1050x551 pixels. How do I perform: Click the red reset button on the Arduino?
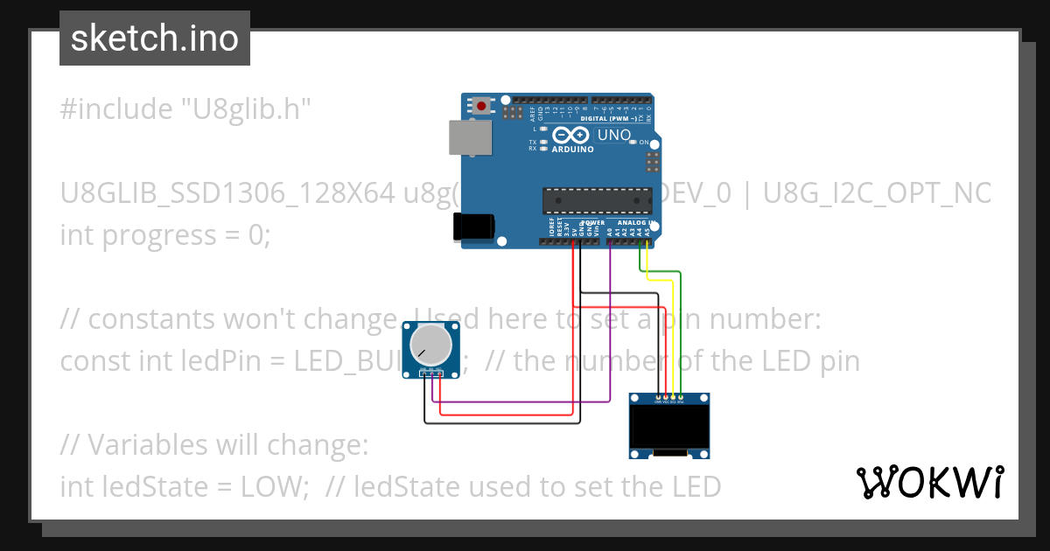pos(481,107)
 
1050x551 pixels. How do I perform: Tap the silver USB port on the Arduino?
pos(468,138)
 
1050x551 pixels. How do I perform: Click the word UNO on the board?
pos(614,135)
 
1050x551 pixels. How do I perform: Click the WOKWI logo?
pos(930,482)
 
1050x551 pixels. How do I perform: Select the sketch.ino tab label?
pos(155,38)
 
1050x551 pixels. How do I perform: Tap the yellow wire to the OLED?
pos(671,337)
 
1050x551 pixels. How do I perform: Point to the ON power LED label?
pos(643,143)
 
